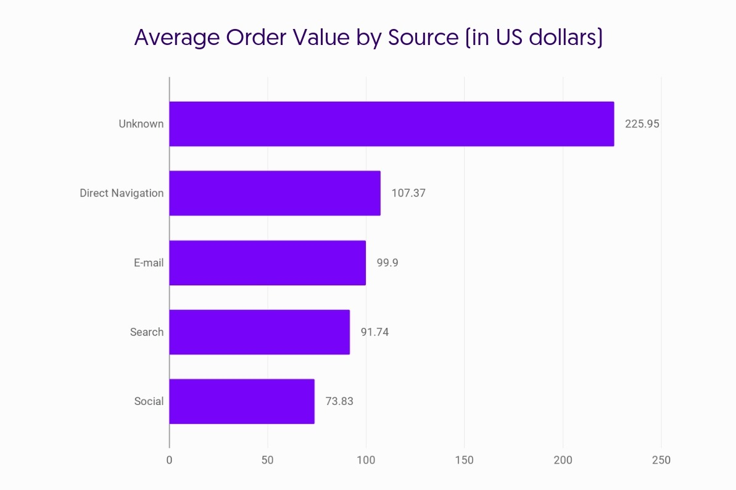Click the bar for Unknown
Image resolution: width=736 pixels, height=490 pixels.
click(x=391, y=124)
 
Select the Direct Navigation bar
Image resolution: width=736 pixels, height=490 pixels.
click(x=275, y=193)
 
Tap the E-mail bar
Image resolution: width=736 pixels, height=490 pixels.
click(x=267, y=263)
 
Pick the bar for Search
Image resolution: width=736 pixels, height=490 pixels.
click(x=259, y=332)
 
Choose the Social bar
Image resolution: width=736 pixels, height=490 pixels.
click(x=241, y=401)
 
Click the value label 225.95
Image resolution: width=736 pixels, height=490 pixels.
click(x=642, y=124)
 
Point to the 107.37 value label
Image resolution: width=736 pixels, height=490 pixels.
click(x=408, y=193)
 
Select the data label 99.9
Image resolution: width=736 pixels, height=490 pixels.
click(x=387, y=263)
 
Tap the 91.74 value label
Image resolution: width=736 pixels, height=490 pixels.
click(x=374, y=332)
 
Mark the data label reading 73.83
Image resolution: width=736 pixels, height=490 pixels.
click(x=339, y=401)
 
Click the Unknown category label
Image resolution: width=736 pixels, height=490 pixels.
click(x=141, y=124)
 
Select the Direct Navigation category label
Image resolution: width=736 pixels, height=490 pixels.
click(x=122, y=193)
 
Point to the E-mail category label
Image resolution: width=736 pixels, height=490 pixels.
click(x=149, y=263)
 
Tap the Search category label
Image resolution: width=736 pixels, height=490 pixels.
click(x=147, y=332)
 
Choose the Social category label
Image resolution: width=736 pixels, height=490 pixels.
click(x=149, y=401)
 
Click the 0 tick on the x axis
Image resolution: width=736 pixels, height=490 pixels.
click(x=169, y=460)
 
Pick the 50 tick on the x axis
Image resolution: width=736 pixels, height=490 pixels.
click(x=268, y=460)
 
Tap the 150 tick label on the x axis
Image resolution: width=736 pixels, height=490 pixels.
click(x=465, y=460)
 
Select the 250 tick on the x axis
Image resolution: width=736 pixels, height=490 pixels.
click(x=661, y=460)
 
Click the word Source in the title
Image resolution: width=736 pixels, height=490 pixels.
click(x=423, y=38)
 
